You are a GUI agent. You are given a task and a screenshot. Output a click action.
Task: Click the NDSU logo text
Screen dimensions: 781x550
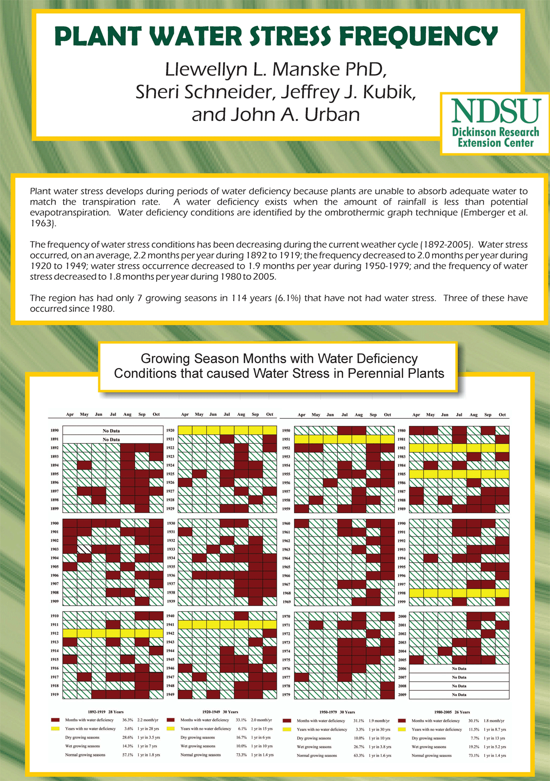[496, 111]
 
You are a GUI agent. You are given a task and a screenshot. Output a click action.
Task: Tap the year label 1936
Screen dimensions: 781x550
[170, 575]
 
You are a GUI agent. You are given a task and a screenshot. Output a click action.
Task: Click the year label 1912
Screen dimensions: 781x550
[55, 633]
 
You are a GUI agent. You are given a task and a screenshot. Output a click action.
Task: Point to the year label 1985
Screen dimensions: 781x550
[402, 474]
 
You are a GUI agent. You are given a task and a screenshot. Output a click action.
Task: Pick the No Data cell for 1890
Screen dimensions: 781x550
[111, 431]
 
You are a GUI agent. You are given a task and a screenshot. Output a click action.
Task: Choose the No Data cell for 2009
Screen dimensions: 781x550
[459, 695]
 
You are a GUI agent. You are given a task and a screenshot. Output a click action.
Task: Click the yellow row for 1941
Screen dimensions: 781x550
[227, 625]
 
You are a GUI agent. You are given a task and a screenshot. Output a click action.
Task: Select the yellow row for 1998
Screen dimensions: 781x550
[459, 593]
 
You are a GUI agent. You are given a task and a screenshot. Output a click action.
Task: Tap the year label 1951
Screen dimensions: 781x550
[286, 439]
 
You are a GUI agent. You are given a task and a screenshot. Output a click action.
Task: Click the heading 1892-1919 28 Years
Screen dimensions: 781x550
[102, 712]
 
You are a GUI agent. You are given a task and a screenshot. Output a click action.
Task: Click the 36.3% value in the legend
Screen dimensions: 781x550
[128, 720]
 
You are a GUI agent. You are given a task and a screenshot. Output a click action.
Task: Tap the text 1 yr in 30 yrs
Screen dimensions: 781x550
[380, 729]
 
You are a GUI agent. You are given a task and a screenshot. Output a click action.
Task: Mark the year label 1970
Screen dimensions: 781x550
[286, 617]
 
